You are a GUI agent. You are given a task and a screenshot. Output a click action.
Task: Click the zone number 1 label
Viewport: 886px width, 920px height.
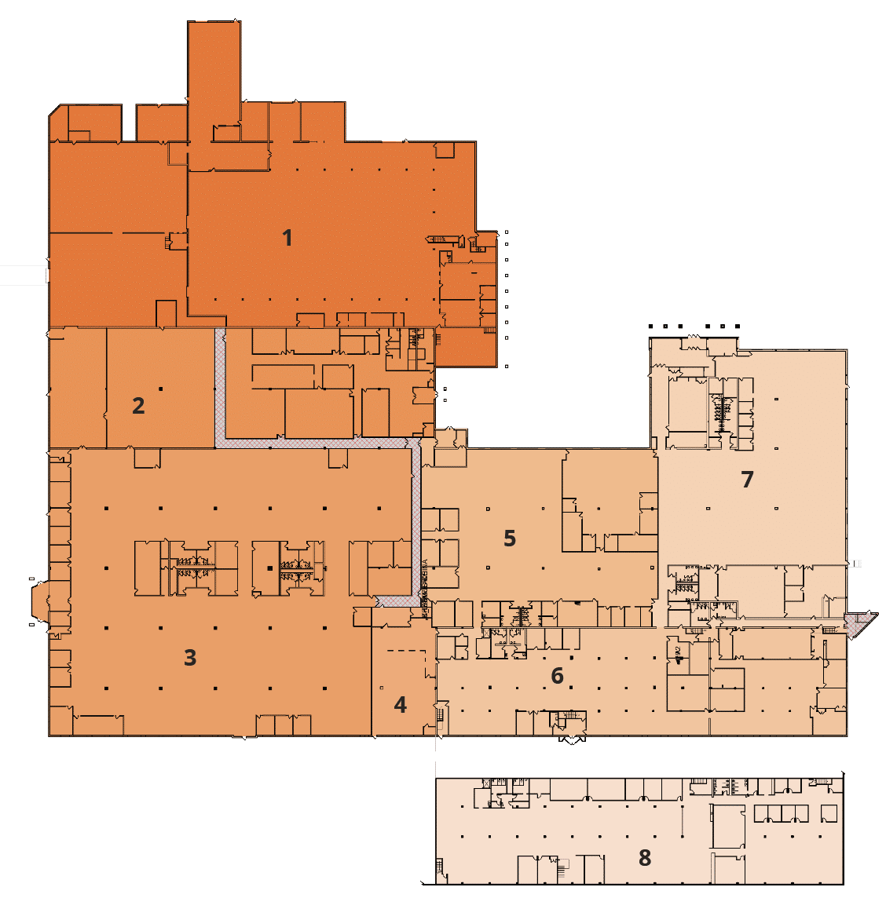click(287, 237)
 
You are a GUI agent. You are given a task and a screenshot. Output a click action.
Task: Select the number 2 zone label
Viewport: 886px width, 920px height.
click(138, 406)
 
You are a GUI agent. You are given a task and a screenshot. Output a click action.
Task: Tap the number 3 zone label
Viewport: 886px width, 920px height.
click(190, 658)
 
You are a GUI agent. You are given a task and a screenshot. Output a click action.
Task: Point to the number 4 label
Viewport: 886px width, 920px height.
click(401, 705)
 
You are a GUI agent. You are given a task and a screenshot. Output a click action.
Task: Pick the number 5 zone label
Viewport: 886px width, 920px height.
click(510, 538)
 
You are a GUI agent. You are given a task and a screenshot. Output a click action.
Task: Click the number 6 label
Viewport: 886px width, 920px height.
click(558, 676)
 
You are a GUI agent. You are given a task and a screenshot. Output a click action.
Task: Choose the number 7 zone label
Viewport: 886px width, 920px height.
click(747, 479)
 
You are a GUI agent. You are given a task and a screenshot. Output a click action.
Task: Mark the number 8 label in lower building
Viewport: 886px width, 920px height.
click(645, 858)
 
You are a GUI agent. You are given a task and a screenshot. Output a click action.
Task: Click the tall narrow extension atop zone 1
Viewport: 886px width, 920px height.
click(214, 71)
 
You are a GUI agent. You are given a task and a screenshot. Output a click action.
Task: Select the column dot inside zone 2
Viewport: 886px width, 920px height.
click(160, 389)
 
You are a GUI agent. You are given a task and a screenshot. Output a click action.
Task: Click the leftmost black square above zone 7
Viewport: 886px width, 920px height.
click(651, 326)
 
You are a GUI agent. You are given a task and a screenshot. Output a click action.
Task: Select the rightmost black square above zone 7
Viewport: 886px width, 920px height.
click(737, 326)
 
